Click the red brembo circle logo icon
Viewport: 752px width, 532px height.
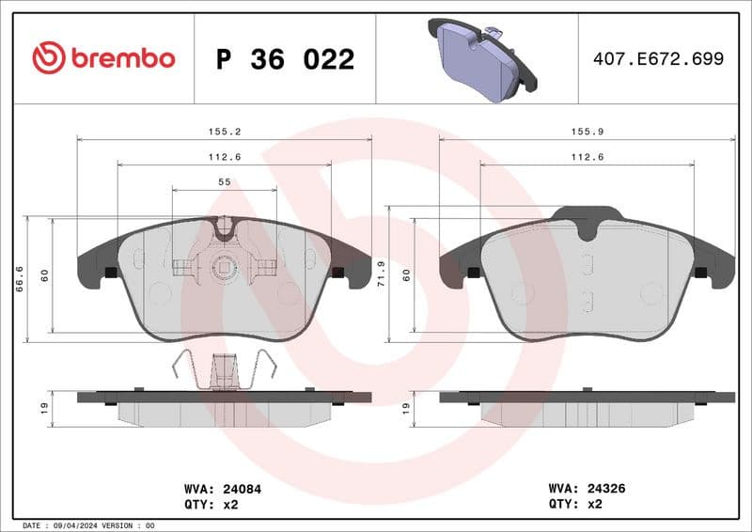[x=48, y=58]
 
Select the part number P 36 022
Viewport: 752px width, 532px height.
[x=285, y=59]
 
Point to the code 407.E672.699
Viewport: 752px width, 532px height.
[x=658, y=59]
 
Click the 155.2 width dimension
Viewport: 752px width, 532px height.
[x=223, y=133]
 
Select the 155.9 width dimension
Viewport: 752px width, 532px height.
[x=587, y=133]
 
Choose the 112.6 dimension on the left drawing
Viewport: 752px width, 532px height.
[x=224, y=157]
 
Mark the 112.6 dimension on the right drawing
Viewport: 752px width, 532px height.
[x=587, y=157]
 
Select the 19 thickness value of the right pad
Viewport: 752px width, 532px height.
[x=406, y=408]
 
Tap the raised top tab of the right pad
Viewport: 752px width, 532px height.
[x=586, y=214]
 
